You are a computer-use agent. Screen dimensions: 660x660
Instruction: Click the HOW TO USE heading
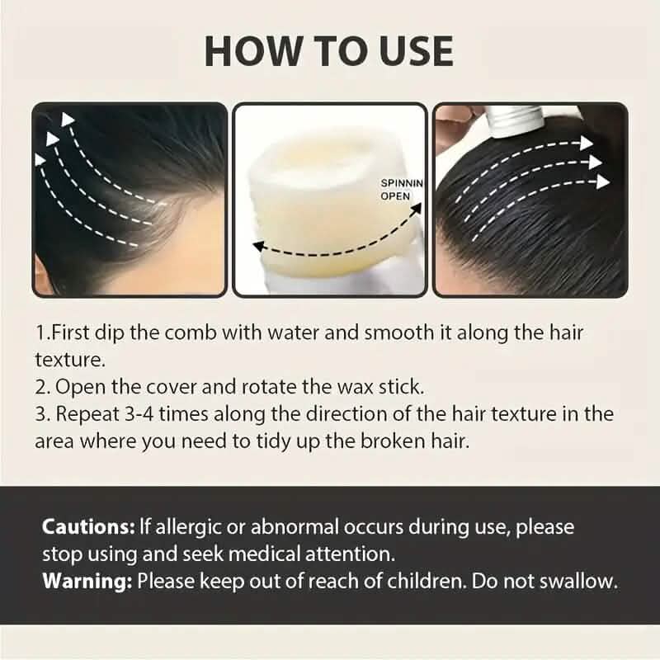coord(328,51)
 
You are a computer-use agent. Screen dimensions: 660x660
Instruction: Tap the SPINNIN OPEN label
coord(402,190)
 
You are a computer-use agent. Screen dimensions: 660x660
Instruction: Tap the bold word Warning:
coord(87,581)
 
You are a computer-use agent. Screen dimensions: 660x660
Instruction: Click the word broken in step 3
coord(387,441)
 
